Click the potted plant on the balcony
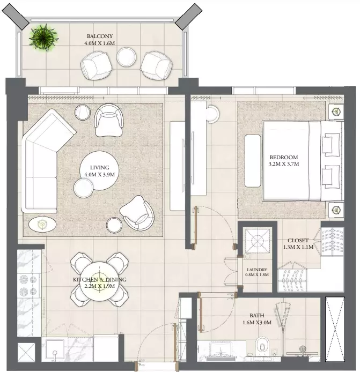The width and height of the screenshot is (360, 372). click(x=43, y=37)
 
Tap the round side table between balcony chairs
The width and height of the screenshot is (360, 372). click(x=126, y=57)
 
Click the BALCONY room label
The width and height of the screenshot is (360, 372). click(x=100, y=36)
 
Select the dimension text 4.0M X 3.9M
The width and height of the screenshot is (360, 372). click(x=99, y=175)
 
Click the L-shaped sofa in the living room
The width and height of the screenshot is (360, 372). click(x=43, y=161)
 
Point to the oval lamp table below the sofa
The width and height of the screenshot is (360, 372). click(x=42, y=224)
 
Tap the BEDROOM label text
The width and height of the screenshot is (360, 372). click(x=283, y=157)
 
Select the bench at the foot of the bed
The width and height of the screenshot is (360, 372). click(x=253, y=161)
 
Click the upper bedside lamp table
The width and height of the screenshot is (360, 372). click(x=336, y=111)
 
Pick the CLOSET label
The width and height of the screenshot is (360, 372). click(x=298, y=240)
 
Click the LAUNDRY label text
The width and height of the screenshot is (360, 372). click(x=257, y=270)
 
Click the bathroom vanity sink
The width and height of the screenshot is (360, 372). click(x=221, y=349)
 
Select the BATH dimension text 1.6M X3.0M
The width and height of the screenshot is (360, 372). click(x=257, y=323)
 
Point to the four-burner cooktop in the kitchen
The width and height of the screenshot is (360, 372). click(x=28, y=285)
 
